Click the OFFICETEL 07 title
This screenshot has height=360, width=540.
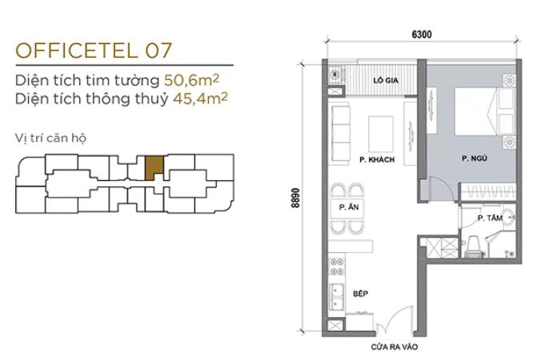click(94, 50)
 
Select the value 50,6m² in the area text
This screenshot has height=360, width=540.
click(191, 80)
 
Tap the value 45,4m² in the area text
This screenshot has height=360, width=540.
click(200, 98)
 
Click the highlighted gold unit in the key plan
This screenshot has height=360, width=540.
click(154, 167)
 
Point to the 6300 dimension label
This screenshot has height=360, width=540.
click(422, 34)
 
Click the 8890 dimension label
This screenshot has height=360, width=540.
click(295, 198)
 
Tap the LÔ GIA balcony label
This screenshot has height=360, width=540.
click(386, 80)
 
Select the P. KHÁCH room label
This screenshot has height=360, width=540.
click(377, 159)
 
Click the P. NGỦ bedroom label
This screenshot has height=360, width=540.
click(474, 158)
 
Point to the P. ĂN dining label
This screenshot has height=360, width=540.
click(349, 207)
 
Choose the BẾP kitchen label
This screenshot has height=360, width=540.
click(361, 294)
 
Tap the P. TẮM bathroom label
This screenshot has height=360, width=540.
click(490, 218)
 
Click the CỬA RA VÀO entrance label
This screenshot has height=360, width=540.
click(394, 346)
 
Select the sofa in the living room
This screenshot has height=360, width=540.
click(340, 134)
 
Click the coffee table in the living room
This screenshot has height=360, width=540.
click(381, 134)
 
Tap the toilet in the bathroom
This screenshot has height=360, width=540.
click(474, 246)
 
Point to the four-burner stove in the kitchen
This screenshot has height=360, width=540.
click(337, 266)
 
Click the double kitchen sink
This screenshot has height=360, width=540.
click(337, 298)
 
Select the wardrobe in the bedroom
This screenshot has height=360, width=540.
click(488, 192)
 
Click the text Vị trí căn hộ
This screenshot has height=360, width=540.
click(50, 138)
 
